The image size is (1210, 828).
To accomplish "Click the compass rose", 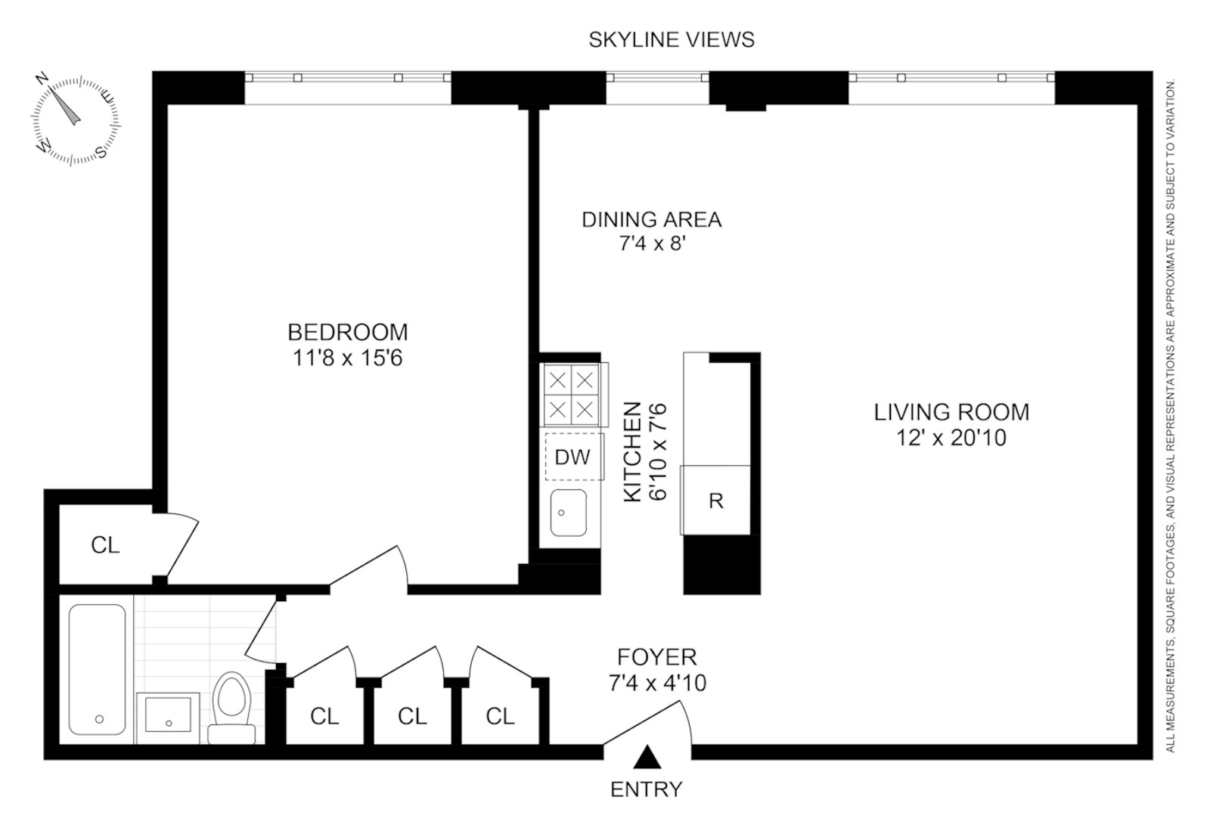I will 76,119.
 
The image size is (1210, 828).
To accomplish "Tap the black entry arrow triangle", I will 647,757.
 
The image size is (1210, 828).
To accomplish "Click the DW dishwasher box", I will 573,457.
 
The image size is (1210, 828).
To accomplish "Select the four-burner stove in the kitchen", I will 572,394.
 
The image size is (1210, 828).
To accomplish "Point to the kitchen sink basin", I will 567,513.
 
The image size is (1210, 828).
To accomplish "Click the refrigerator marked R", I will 715,500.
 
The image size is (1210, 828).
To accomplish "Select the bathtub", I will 97,668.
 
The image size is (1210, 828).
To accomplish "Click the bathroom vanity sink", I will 168,718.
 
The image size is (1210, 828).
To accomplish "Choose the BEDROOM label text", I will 347,332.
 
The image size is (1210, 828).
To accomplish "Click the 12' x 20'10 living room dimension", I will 951,438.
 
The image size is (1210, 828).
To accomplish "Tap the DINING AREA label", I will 651,220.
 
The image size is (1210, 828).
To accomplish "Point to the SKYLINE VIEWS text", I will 672,39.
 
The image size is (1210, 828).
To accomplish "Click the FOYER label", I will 656,656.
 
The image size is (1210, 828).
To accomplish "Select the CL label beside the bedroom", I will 105,544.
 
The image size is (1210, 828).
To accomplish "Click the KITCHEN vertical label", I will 632,451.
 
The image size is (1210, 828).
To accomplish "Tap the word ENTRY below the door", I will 646,789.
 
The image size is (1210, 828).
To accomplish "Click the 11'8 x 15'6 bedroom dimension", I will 347,358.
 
